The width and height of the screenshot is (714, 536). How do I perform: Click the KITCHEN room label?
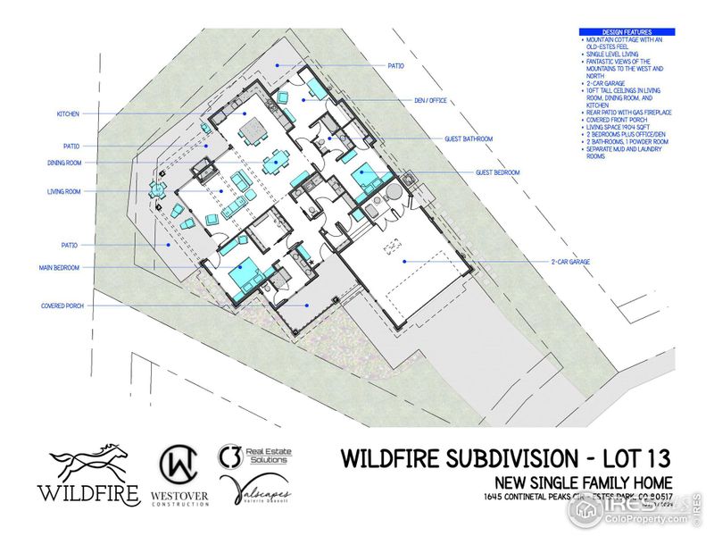point(69,114)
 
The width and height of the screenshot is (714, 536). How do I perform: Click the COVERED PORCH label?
point(62,306)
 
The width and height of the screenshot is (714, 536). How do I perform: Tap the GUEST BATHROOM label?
point(469,138)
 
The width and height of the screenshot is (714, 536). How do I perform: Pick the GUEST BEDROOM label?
point(498,172)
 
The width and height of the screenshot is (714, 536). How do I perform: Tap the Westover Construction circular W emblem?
point(182,462)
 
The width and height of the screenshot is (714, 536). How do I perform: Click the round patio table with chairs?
point(157,188)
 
